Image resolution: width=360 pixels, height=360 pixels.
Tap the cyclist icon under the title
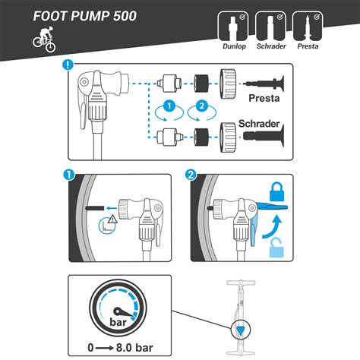(x=44, y=40)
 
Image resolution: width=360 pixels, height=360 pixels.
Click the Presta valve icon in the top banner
(x=306, y=27)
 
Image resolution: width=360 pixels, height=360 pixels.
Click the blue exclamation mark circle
(x=69, y=66)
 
